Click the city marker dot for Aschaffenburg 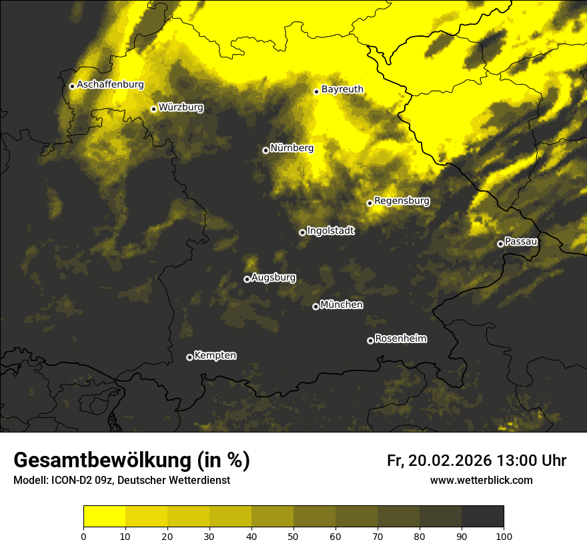tap(72, 86)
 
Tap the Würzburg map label tap(181, 107)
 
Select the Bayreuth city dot tap(317, 91)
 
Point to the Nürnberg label tap(291, 148)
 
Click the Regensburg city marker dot tap(370, 203)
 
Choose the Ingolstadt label tap(330, 231)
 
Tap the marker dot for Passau tap(500, 244)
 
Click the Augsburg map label tap(273, 278)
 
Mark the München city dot tap(316, 307)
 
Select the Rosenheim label tap(400, 339)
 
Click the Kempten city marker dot tap(189, 357)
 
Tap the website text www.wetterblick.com tap(481, 481)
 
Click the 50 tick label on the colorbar tap(293, 536)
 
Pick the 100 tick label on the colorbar tap(504, 536)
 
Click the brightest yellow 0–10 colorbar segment tap(105, 517)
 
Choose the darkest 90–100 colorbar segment tap(482, 517)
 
